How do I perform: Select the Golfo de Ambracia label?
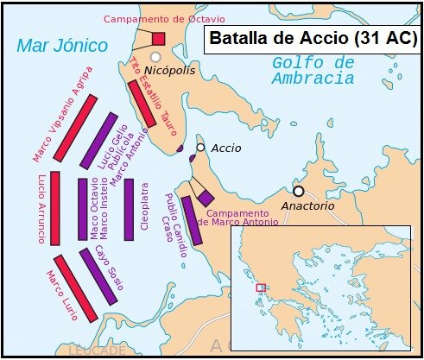click(x=313, y=70)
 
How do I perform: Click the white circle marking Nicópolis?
click(x=155, y=56)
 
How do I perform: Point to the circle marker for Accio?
click(x=200, y=148)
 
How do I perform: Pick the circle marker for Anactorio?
click(x=298, y=191)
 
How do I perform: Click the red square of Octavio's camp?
click(x=158, y=38)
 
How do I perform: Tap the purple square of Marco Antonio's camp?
click(x=205, y=198)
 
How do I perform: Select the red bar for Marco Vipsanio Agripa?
click(x=75, y=128)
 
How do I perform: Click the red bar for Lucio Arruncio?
click(x=55, y=208)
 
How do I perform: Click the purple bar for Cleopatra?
click(x=129, y=210)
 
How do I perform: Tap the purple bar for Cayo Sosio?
click(x=98, y=276)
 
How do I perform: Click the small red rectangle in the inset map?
click(x=261, y=287)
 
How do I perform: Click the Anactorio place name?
click(x=306, y=207)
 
